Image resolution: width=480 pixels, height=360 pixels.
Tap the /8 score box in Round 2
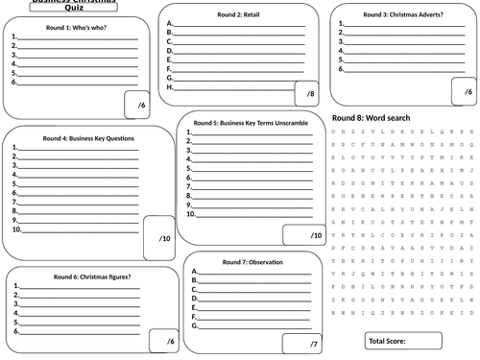[309, 95]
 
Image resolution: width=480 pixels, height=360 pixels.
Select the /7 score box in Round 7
[313, 344]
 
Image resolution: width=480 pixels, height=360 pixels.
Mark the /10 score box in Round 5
[315, 235]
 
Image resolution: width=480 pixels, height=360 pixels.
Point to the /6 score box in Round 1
[140, 104]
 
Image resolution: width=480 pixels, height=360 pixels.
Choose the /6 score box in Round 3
[466, 92]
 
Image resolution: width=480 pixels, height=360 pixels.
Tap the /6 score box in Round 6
[169, 342]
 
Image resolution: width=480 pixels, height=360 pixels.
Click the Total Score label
[387, 341]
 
